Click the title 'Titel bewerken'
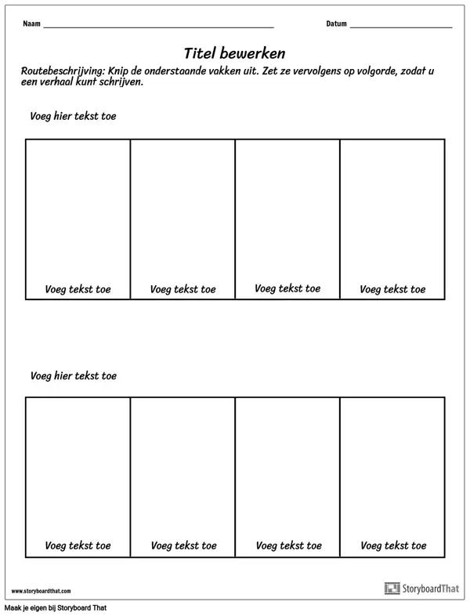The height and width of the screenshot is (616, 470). click(x=234, y=53)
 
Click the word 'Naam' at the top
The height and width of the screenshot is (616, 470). click(x=31, y=24)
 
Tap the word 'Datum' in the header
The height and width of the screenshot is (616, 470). click(x=336, y=24)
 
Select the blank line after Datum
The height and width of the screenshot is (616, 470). click(x=400, y=26)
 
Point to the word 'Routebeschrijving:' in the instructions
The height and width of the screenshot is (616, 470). click(x=62, y=71)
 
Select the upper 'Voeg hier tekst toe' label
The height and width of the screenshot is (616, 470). click(x=74, y=116)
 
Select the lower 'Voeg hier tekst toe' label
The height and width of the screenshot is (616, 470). click(x=74, y=375)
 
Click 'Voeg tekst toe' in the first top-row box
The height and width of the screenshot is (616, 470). click(x=78, y=289)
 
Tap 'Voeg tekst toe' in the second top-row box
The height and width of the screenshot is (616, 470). click(x=183, y=289)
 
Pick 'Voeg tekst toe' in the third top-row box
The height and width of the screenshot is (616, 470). click(x=287, y=288)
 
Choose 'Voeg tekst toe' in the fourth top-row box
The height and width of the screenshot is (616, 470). click(x=392, y=289)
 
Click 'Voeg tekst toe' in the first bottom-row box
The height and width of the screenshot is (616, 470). click(x=78, y=545)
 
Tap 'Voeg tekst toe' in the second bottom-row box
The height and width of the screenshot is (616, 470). click(x=183, y=545)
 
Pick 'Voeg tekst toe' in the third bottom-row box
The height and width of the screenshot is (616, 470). click(x=288, y=545)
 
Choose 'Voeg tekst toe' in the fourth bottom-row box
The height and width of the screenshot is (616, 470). click(x=393, y=545)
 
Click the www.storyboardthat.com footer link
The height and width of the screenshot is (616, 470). click(x=41, y=591)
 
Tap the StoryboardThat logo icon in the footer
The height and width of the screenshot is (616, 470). click(x=392, y=589)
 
